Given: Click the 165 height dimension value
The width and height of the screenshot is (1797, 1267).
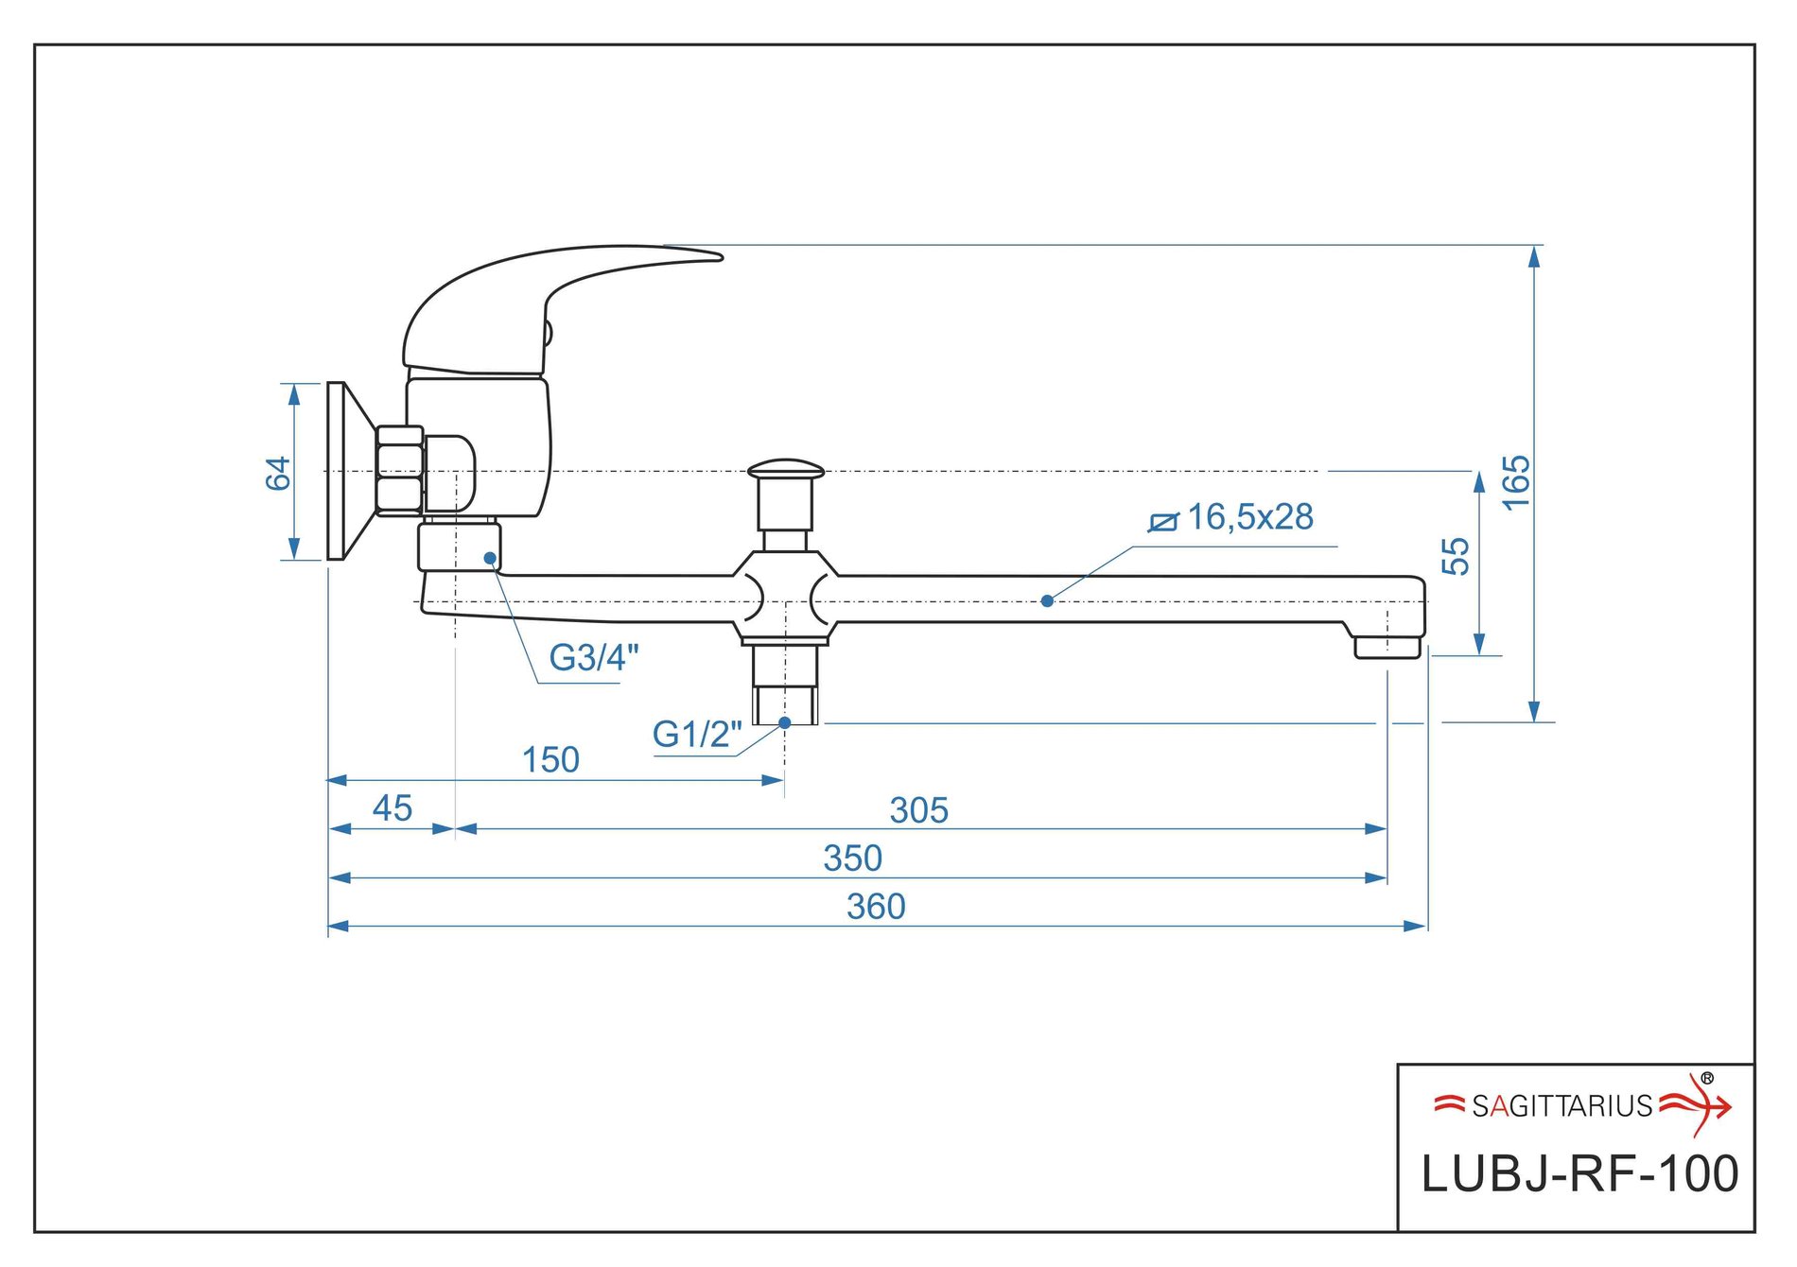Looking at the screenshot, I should click(x=1515, y=482).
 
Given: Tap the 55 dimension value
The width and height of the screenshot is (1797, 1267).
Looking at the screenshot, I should click(x=1457, y=556).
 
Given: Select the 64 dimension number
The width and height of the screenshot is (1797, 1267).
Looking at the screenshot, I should click(x=278, y=473).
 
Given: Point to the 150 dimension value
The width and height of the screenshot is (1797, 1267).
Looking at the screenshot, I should click(x=550, y=760).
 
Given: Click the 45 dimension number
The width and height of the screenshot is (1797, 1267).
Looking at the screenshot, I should click(x=392, y=808).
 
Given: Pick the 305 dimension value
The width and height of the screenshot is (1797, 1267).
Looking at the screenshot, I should click(x=918, y=810).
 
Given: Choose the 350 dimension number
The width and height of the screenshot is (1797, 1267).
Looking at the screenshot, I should click(x=852, y=859).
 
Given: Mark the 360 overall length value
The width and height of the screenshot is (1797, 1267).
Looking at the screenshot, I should click(x=876, y=908).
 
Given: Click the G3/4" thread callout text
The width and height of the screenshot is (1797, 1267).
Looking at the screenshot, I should click(x=594, y=657).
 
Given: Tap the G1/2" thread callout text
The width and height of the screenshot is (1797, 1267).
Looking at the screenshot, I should click(x=697, y=735).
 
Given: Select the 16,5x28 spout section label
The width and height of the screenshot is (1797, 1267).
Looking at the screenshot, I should click(x=1250, y=517).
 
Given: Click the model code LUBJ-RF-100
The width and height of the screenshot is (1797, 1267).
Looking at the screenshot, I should click(x=1579, y=1174).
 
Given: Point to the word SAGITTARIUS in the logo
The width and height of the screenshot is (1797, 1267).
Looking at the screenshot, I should click(x=1561, y=1106).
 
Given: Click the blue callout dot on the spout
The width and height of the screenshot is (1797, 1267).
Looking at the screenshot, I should click(x=1047, y=600).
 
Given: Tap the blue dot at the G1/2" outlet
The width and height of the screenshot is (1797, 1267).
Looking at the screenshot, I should click(x=784, y=722).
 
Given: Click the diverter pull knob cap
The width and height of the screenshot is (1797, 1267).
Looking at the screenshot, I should click(x=785, y=470).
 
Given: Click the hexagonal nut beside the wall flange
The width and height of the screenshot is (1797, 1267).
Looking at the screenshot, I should click(x=399, y=471).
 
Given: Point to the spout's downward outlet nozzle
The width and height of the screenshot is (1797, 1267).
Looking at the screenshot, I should click(x=1387, y=647).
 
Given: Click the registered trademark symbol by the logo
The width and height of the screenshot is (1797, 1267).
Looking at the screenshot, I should click(x=1707, y=1078).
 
